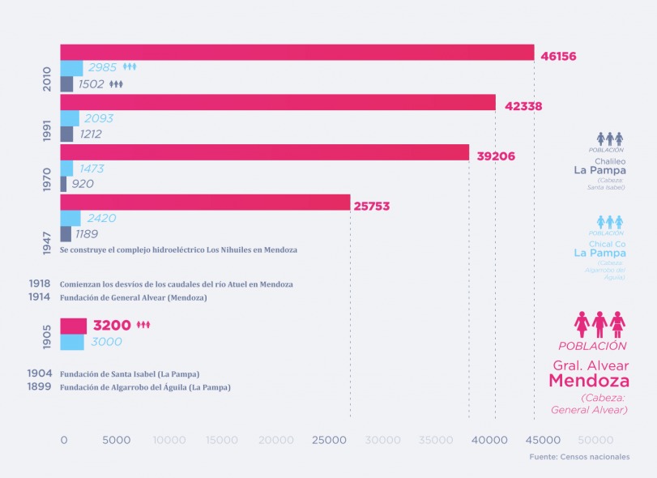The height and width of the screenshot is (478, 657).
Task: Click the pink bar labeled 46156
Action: click(x=297, y=53)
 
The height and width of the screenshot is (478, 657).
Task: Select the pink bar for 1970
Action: click(x=264, y=152)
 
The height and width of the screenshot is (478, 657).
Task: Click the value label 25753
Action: click(x=371, y=206)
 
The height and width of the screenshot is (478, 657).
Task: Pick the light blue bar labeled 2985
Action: click(x=71, y=68)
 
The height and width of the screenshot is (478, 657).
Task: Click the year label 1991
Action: click(x=47, y=132)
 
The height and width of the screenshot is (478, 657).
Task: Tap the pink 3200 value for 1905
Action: click(x=112, y=326)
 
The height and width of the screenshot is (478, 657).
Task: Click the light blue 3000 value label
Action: click(x=106, y=342)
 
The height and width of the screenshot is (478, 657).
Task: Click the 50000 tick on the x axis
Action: click(x=595, y=440)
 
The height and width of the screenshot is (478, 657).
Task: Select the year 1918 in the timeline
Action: click(x=39, y=284)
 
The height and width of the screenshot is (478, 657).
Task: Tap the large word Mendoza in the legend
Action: click(x=589, y=380)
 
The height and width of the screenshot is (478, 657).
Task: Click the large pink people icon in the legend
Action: click(x=599, y=324)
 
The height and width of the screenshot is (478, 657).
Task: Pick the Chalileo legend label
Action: click(x=612, y=160)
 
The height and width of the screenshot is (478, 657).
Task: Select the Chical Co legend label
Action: click(x=611, y=243)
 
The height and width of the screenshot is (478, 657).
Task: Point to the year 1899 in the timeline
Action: click(x=39, y=387)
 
